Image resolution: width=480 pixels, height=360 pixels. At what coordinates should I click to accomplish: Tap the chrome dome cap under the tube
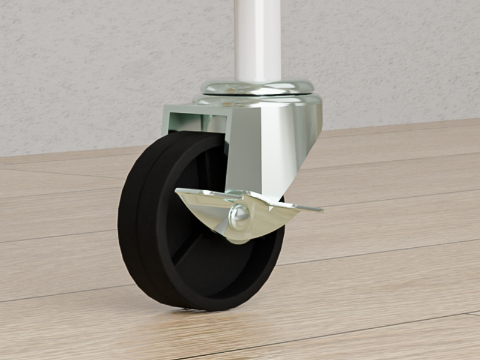tap(258, 88)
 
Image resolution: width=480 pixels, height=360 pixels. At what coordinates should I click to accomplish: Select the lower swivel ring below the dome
tap(258, 100)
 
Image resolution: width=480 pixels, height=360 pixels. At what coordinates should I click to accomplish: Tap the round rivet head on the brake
tap(239, 215)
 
